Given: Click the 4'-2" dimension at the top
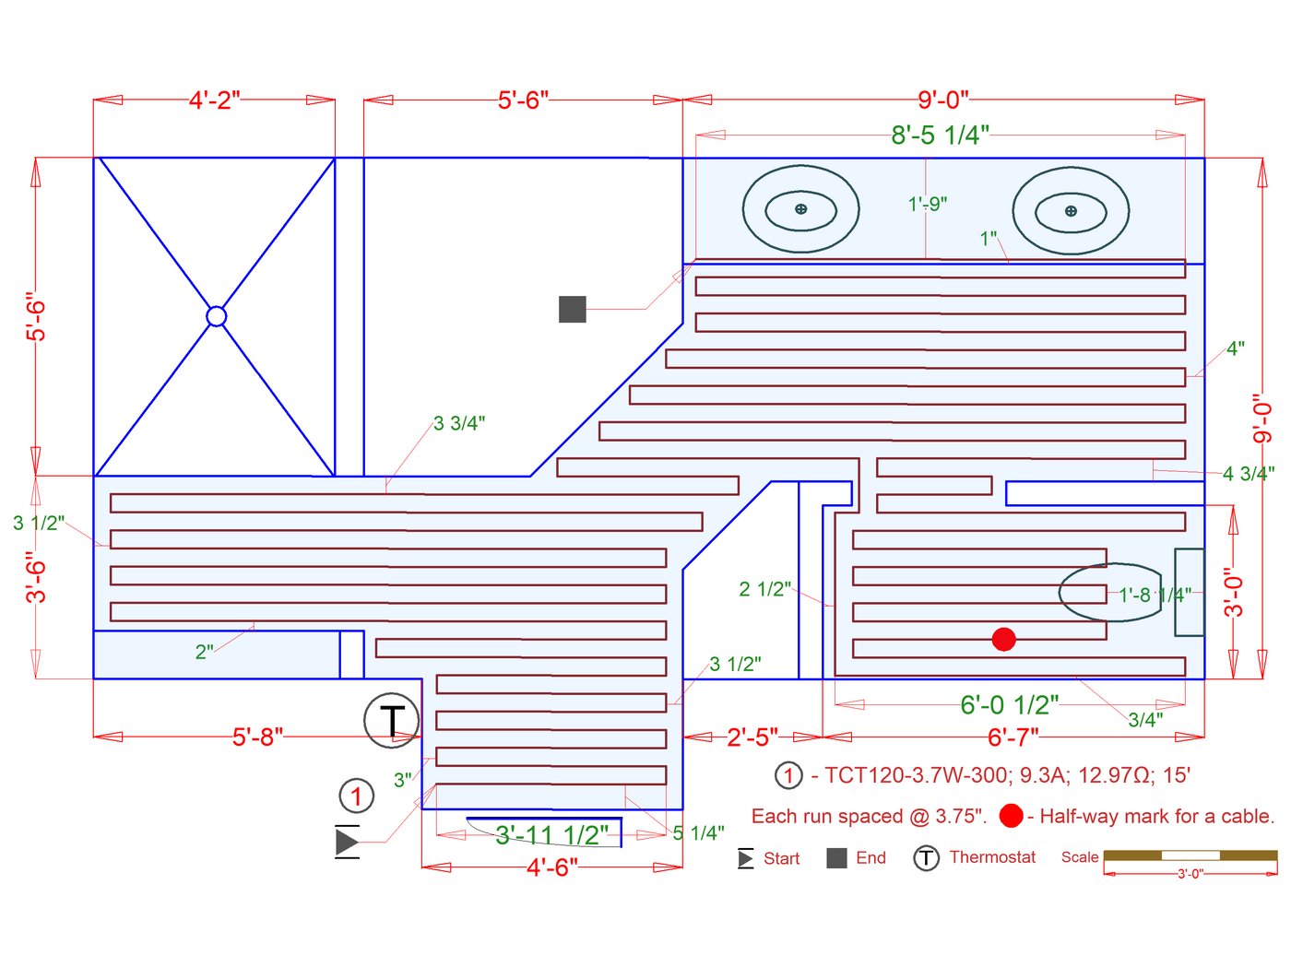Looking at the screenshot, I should coord(214,100).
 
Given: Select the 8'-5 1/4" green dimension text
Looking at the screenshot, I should coord(940,136).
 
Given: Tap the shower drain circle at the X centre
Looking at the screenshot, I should coord(216,316).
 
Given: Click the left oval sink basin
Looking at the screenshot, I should coord(800,209).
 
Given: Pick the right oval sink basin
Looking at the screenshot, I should coord(1070,211).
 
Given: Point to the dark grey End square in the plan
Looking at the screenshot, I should coord(573,309).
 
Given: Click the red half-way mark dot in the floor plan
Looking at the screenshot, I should coord(1004,639).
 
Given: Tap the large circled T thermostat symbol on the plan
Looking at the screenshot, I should coord(392,720).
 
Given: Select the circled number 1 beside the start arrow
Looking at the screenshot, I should coord(356,796).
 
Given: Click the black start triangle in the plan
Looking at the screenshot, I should coord(347,841).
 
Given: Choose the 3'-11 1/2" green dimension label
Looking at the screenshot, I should coord(551,835).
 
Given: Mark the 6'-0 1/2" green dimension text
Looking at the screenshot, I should coord(1009,705).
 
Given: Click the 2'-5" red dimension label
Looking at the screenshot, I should coord(752,737).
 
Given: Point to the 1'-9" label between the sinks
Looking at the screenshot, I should coord(928,204).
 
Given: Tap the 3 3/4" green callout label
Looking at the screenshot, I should coord(459,423).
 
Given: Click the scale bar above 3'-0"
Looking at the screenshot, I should coord(1190,855).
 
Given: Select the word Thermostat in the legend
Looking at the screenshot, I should coord(992,857).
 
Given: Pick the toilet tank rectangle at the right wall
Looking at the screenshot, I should coord(1189,592).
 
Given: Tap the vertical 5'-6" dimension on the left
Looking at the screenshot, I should coord(36,319).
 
